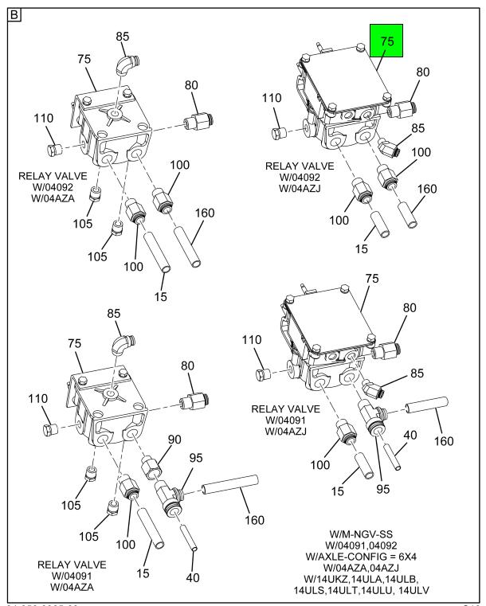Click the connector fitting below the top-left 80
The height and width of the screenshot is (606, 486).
pyautogui.click(x=194, y=124)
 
